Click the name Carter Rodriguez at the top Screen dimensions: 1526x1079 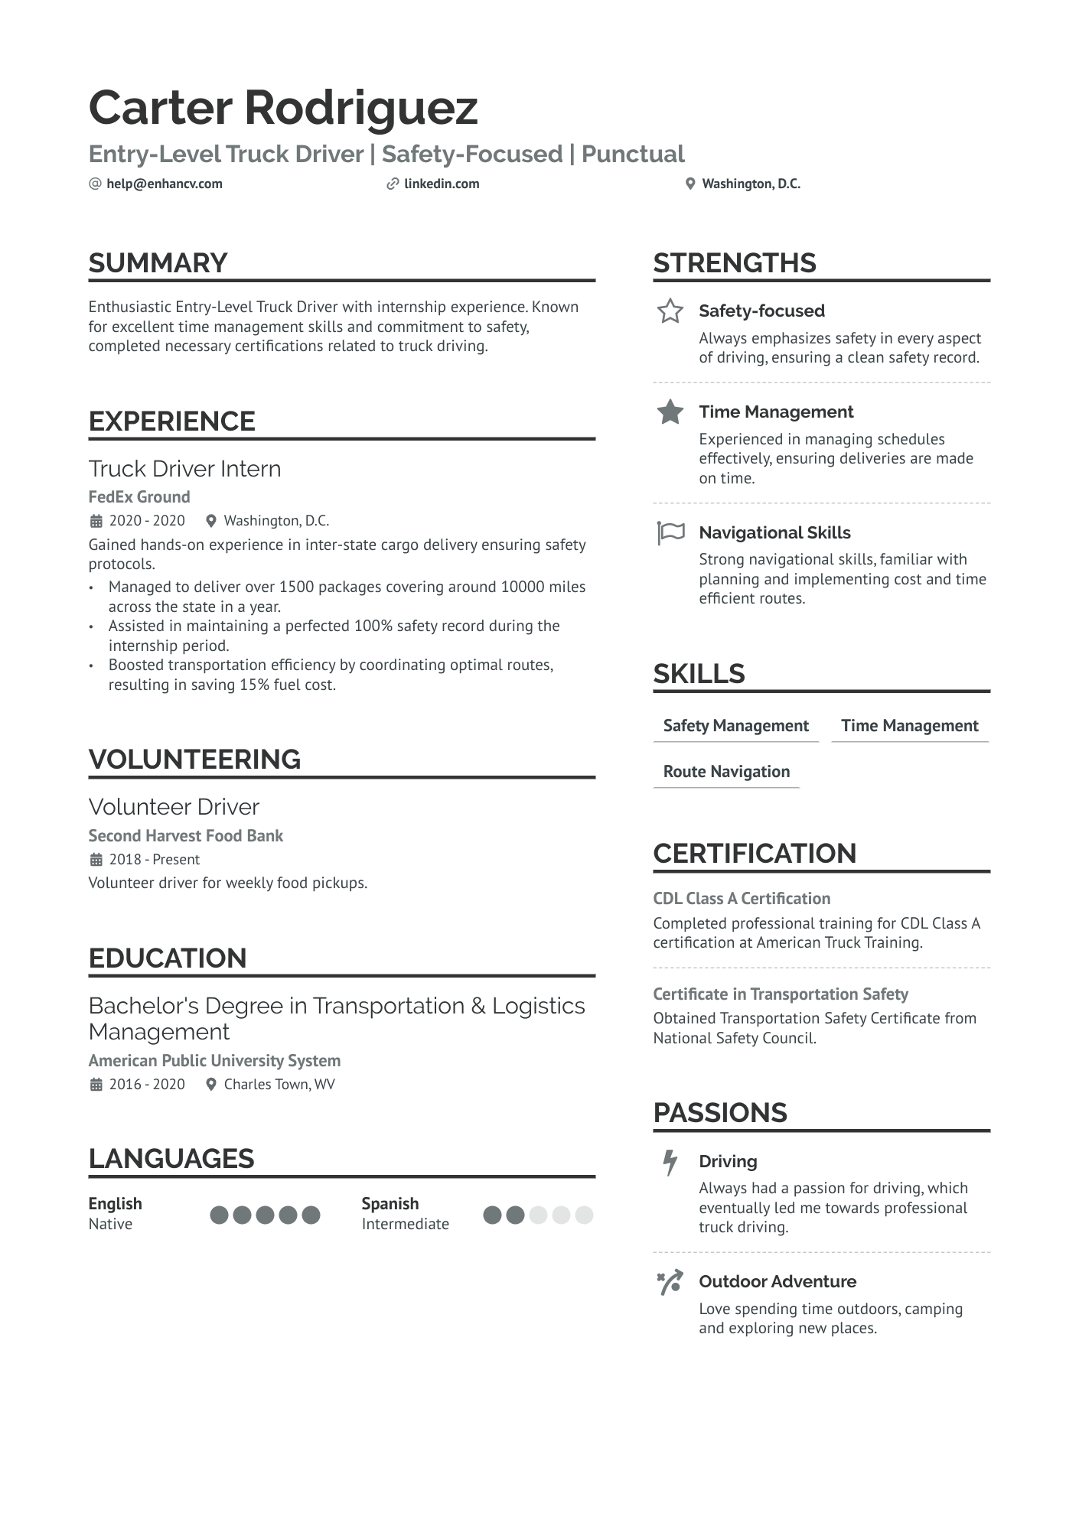point(283,107)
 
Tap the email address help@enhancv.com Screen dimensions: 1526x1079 point(165,184)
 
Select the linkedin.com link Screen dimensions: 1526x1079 point(442,184)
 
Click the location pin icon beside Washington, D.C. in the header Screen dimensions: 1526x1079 point(690,184)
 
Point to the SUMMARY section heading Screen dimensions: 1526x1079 point(158,263)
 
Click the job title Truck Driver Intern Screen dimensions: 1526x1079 point(185,468)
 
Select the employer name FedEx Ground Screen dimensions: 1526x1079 point(139,497)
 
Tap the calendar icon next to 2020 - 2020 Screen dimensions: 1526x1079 point(96,521)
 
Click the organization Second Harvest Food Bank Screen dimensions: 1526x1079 point(186,835)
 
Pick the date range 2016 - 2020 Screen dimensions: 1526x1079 point(147,1084)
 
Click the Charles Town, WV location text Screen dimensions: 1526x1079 point(279,1084)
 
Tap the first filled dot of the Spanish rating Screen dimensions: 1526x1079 point(493,1215)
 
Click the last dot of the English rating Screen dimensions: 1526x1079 point(311,1215)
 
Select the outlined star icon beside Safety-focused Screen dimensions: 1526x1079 point(670,311)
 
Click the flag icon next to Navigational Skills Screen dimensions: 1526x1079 point(670,532)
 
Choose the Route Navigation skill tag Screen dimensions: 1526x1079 point(726,771)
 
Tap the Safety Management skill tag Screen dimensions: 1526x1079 point(735,725)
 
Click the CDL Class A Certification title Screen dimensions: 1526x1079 point(742,899)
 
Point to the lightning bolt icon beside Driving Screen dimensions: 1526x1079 point(670,1162)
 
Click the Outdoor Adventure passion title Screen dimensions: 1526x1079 point(777,1282)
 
